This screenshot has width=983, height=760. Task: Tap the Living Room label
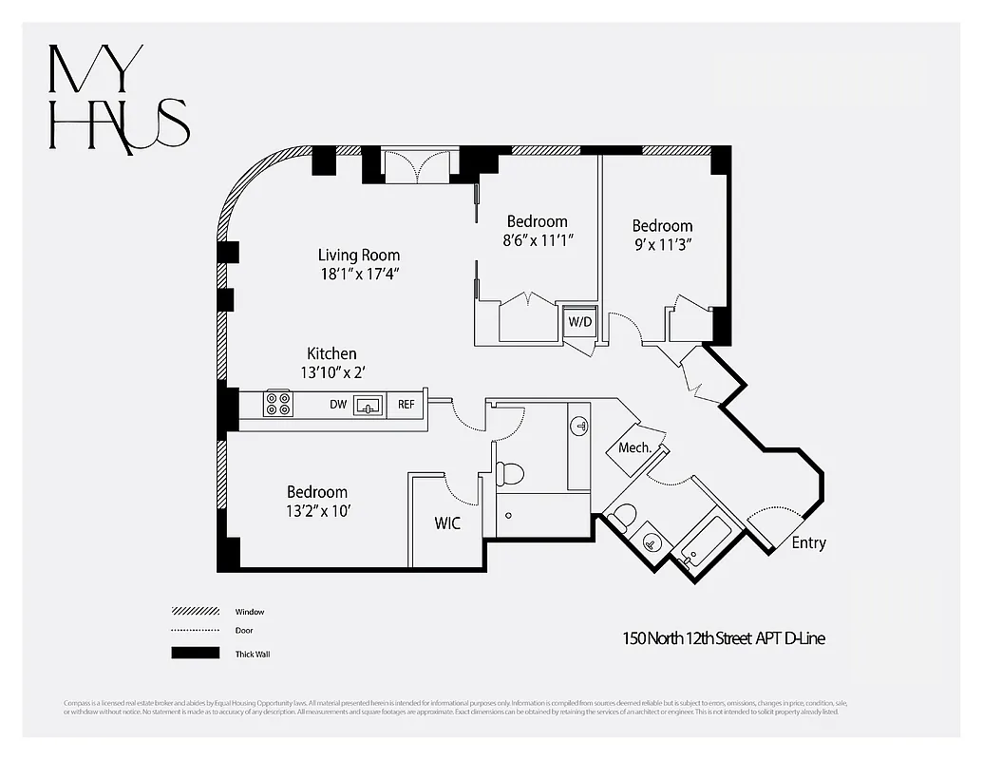coord(358,256)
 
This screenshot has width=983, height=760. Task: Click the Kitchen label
coord(331,353)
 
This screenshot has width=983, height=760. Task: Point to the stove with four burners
coord(278,404)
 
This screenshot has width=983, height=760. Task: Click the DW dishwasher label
coord(337,405)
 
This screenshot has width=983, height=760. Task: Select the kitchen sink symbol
coord(368,406)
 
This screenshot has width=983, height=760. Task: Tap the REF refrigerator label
coord(406,405)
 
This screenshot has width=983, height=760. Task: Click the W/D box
coord(578,320)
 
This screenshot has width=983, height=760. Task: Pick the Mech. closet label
coord(634,447)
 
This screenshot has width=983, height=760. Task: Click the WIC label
coord(447,523)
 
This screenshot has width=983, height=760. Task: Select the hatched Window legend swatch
coord(195,611)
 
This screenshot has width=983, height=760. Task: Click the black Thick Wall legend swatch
coord(195,654)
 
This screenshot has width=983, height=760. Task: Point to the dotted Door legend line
coord(195,631)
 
